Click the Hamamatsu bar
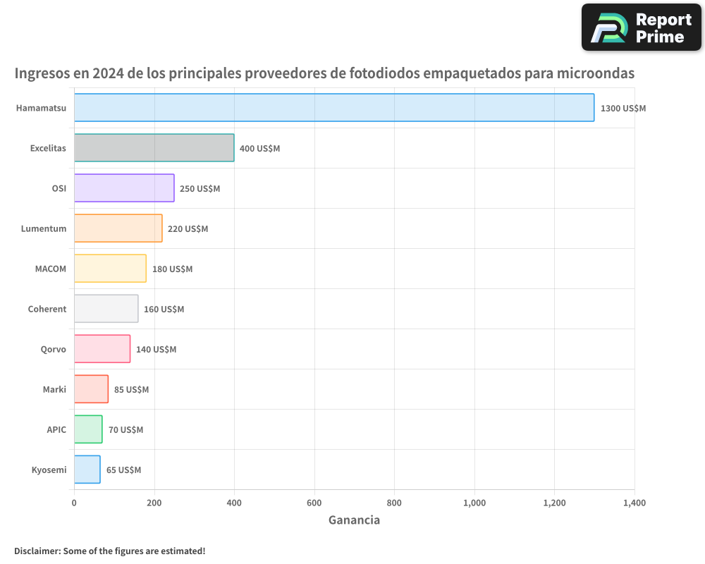pyautogui.click(x=334, y=108)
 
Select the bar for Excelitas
pyautogui.click(x=154, y=148)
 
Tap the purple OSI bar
pyautogui.click(x=124, y=188)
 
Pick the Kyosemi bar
pyautogui.click(x=87, y=470)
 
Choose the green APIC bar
pyautogui.click(x=88, y=429)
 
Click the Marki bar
pyautogui.click(x=91, y=389)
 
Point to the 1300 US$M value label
pyautogui.click(x=623, y=109)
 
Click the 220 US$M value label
pyautogui.click(x=188, y=228)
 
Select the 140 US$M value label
pyautogui.click(x=156, y=349)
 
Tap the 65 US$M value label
pyautogui.click(x=123, y=470)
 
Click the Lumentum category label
pyautogui.click(x=44, y=228)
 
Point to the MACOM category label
pyautogui.click(x=50, y=269)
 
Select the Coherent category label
pyautogui.click(x=47, y=309)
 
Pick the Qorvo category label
pyautogui.click(x=54, y=349)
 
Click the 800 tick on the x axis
pyautogui.click(x=394, y=503)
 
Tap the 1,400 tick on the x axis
pyautogui.click(x=634, y=503)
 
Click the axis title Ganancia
pyautogui.click(x=354, y=520)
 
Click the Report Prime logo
pyautogui.click(x=641, y=27)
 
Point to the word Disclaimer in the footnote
pyautogui.click(x=37, y=551)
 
